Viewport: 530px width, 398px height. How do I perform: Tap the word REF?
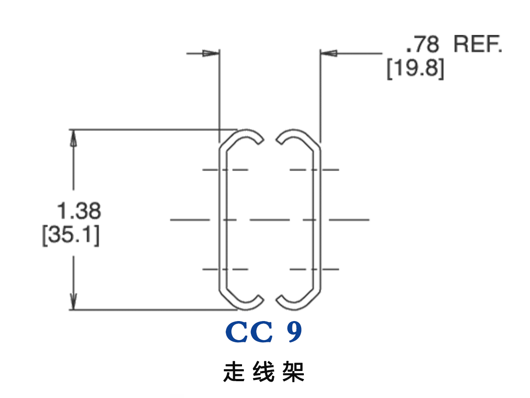[478, 45]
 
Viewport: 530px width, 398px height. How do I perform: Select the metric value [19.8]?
[415, 69]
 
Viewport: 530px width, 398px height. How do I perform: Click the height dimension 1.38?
[79, 211]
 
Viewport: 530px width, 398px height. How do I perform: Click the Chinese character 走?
[234, 372]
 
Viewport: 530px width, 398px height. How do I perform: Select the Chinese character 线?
[264, 372]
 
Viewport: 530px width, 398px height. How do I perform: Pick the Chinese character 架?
[293, 372]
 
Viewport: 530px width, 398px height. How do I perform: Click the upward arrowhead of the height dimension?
[74, 138]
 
